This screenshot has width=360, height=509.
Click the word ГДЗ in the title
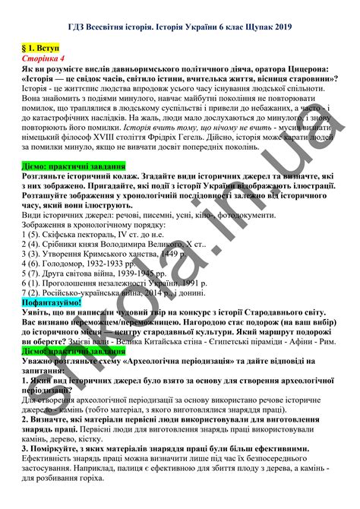(x=76, y=28)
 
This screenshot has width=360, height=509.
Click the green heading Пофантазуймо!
(x=56, y=302)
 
